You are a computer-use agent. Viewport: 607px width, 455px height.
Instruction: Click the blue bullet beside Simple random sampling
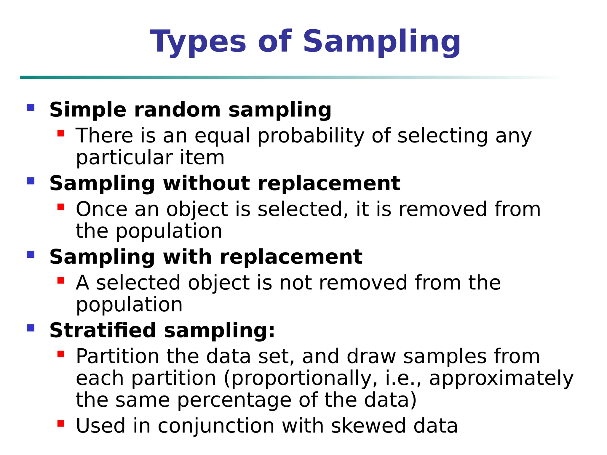pos(31,107)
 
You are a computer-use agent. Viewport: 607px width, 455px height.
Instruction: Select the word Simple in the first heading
pos(88,110)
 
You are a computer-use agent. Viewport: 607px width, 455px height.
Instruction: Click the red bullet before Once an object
pos(61,207)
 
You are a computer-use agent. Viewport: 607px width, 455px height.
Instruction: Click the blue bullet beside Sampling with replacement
pos(31,254)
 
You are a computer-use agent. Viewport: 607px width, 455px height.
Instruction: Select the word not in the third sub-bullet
pos(295,283)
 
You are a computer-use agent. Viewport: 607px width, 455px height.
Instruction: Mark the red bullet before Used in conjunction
pos(61,424)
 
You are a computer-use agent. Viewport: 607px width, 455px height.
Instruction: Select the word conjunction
pos(216,427)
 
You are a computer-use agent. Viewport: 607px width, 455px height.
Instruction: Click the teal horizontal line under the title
pos(207,77)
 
